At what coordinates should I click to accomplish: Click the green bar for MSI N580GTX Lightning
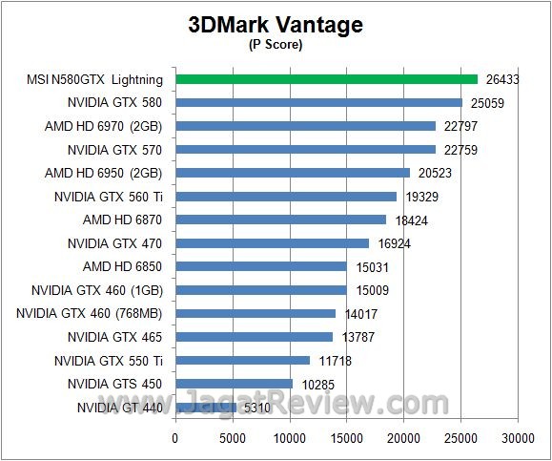(x=326, y=79)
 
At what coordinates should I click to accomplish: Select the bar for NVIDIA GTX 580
(x=318, y=103)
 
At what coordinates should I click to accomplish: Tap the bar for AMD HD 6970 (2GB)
(x=305, y=126)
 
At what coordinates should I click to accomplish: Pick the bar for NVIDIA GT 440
(x=205, y=407)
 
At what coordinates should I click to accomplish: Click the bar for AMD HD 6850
(x=260, y=266)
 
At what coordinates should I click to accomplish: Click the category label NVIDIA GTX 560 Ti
(x=110, y=197)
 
